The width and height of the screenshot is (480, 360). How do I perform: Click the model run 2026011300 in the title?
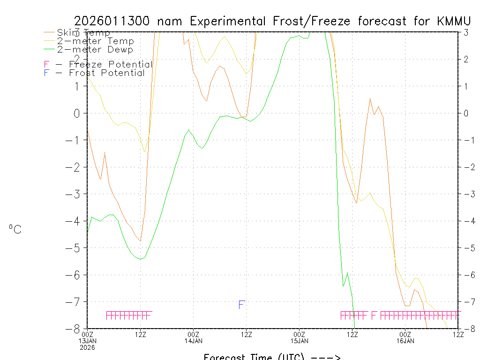pyautogui.click(x=113, y=21)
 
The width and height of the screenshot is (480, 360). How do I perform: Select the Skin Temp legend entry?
pyautogui.click(x=83, y=33)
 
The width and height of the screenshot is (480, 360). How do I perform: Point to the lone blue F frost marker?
pyautogui.click(x=241, y=305)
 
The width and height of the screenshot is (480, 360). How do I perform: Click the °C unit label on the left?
pyautogui.click(x=15, y=230)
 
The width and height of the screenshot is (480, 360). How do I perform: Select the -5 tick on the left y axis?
pyautogui.click(x=77, y=247)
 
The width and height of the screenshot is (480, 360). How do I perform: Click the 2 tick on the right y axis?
pyautogui.click(x=466, y=59)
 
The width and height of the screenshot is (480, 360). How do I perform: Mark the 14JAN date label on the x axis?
pyautogui.click(x=193, y=341)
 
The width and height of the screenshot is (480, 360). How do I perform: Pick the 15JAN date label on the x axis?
pyautogui.click(x=299, y=341)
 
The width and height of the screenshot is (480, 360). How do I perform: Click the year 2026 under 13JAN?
pyautogui.click(x=88, y=347)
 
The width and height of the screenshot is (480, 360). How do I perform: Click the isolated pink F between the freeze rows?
pyautogui.click(x=374, y=315)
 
